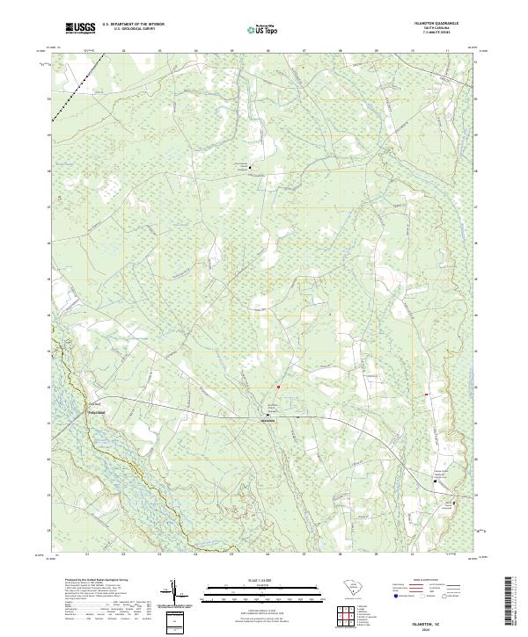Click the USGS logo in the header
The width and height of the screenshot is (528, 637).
click(x=80, y=28)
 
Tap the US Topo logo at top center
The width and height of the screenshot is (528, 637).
click(x=260, y=28)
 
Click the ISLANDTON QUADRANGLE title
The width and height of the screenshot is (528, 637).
click(x=443, y=23)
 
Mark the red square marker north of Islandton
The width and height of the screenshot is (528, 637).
click(x=277, y=387)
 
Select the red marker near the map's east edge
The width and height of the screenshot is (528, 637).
click(x=427, y=394)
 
